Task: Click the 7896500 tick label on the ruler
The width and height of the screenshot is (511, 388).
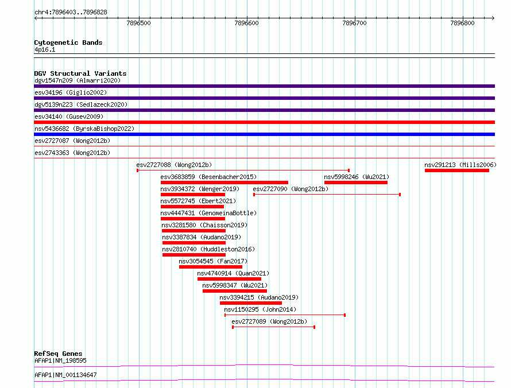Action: [x=139, y=23]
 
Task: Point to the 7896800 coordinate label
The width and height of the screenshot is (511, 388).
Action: [x=462, y=23]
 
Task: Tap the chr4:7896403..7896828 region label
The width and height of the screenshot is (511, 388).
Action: [x=71, y=13]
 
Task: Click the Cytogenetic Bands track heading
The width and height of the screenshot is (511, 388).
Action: [x=68, y=42]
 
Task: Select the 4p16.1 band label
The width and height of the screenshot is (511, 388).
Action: [x=45, y=49]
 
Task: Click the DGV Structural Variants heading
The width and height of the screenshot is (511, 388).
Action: [x=80, y=73]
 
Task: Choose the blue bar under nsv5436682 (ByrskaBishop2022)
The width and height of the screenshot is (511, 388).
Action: [x=264, y=134]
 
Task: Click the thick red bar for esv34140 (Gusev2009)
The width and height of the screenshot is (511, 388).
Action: [x=264, y=122]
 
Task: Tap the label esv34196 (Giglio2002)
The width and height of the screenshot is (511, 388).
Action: [x=71, y=92]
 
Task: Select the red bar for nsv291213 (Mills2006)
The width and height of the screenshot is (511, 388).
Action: [x=457, y=170]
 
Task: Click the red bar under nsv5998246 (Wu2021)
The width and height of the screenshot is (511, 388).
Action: [x=356, y=183]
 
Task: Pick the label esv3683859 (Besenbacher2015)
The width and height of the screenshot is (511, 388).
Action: [x=208, y=177]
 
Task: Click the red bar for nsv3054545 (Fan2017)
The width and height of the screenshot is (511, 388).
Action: [x=211, y=267]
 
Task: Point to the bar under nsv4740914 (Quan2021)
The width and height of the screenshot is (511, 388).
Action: [x=229, y=279]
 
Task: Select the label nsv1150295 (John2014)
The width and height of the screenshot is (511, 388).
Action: [x=260, y=309]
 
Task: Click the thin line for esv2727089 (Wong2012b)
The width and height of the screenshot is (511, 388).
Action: [x=273, y=327]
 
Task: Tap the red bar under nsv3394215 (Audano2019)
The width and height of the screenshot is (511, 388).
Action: [x=250, y=303]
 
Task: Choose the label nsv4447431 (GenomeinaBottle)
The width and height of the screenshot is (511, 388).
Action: [x=208, y=213]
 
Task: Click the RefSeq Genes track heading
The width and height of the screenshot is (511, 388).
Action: [x=59, y=354]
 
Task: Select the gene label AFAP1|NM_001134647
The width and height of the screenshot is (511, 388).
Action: [x=65, y=375]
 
